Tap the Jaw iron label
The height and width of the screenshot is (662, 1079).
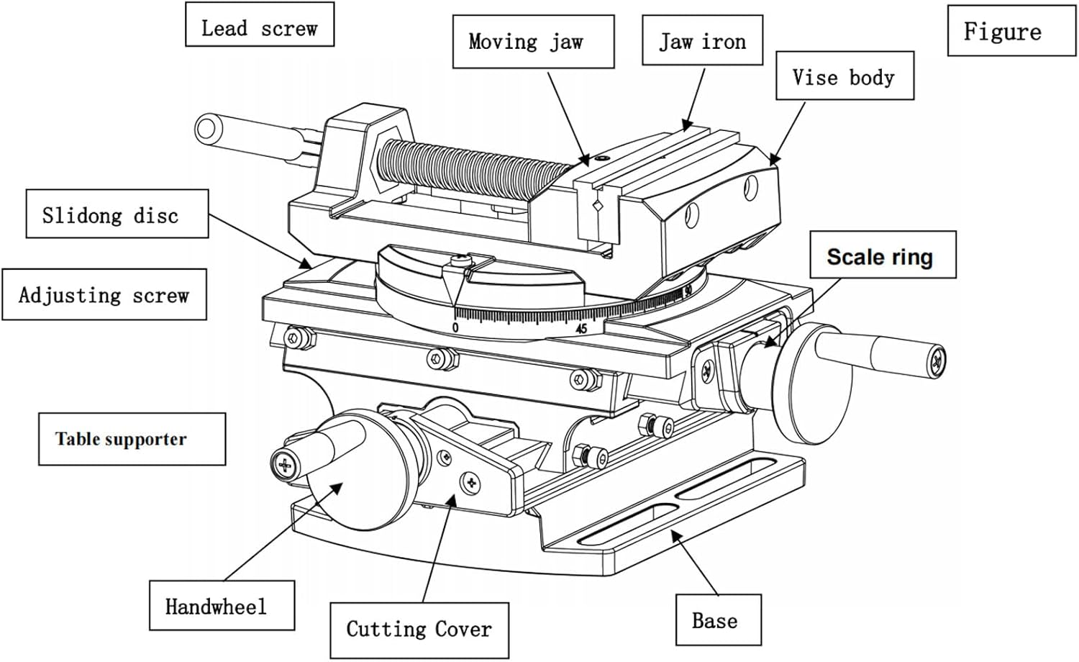(702, 41)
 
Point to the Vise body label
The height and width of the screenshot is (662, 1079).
(844, 76)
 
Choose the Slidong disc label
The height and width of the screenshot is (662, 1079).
(117, 214)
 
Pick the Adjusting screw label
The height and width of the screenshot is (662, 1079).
(104, 294)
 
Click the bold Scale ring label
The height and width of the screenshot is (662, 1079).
(883, 255)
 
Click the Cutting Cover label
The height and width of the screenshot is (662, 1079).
(419, 630)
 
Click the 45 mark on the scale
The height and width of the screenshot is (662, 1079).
(581, 328)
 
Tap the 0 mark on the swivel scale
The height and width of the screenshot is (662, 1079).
(455, 327)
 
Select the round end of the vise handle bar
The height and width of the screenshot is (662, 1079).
(206, 130)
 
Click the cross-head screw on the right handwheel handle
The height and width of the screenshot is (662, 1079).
(937, 360)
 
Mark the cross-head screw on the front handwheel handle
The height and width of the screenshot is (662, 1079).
(284, 466)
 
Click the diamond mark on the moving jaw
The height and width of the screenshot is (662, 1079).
(597, 207)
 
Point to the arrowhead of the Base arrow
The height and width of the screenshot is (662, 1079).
(675, 533)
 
